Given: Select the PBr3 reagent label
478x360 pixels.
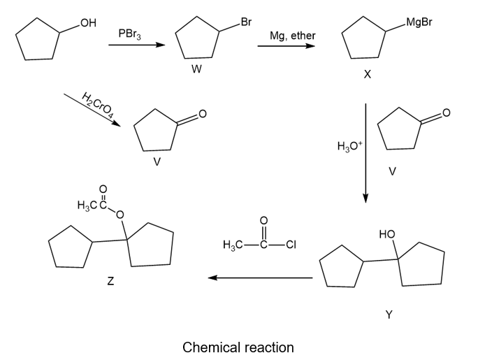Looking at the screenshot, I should (x=130, y=33).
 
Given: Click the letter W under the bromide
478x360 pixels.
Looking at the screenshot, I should (x=197, y=70).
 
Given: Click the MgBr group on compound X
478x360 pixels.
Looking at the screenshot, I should (x=419, y=22).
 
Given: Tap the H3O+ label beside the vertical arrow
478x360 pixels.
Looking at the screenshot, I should (x=348, y=147).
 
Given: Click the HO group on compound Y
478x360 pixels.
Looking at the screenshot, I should (x=386, y=234).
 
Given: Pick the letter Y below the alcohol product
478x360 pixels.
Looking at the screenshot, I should (x=389, y=315).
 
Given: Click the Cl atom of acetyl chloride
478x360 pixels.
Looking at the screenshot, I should (x=292, y=245).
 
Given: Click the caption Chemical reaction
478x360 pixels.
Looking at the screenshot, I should (x=238, y=347).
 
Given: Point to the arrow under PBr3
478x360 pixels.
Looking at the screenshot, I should (x=137, y=46).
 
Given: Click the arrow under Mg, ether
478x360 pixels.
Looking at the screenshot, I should (x=286, y=47).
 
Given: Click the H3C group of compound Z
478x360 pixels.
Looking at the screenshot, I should (x=87, y=205).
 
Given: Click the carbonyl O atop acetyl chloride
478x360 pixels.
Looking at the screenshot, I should (x=263, y=221).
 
